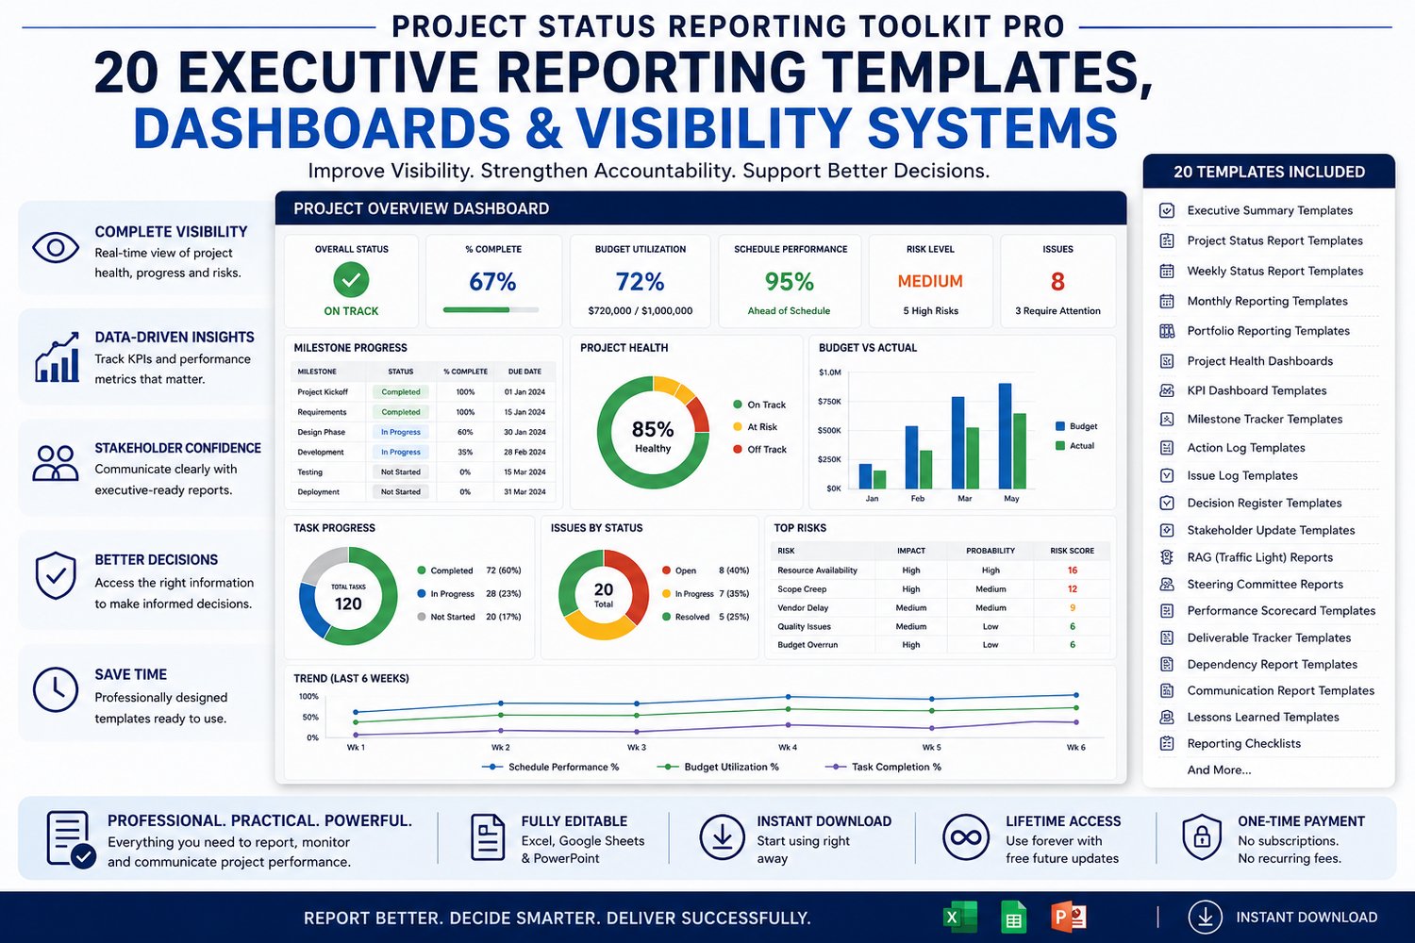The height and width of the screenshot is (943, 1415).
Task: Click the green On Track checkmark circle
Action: (351, 280)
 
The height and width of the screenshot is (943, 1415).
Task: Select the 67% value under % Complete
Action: (492, 282)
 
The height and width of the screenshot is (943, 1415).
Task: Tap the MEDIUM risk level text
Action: (930, 281)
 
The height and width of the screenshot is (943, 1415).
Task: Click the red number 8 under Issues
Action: (1057, 282)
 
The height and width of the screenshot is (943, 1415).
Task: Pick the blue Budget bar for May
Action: (1005, 436)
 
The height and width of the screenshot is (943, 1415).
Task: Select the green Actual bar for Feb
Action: (925, 470)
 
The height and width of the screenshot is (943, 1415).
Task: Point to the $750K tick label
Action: (829, 402)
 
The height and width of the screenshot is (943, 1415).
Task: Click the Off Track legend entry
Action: (759, 449)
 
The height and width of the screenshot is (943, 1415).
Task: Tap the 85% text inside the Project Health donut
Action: (653, 429)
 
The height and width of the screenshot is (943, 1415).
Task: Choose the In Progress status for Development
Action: (401, 453)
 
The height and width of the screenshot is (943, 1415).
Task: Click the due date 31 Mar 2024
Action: (524, 492)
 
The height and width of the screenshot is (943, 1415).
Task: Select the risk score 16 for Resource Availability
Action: (1072, 571)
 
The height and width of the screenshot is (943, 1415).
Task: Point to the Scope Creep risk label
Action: (802, 589)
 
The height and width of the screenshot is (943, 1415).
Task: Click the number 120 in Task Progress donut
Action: (348, 604)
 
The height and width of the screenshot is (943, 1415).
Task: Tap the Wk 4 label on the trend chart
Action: (787, 747)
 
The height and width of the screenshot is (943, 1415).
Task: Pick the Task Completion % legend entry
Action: (883, 767)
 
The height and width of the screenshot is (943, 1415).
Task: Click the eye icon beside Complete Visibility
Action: (56, 247)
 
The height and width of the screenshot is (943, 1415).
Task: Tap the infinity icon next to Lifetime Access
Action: (965, 837)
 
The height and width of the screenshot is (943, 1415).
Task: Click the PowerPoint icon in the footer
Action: (1068, 918)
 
